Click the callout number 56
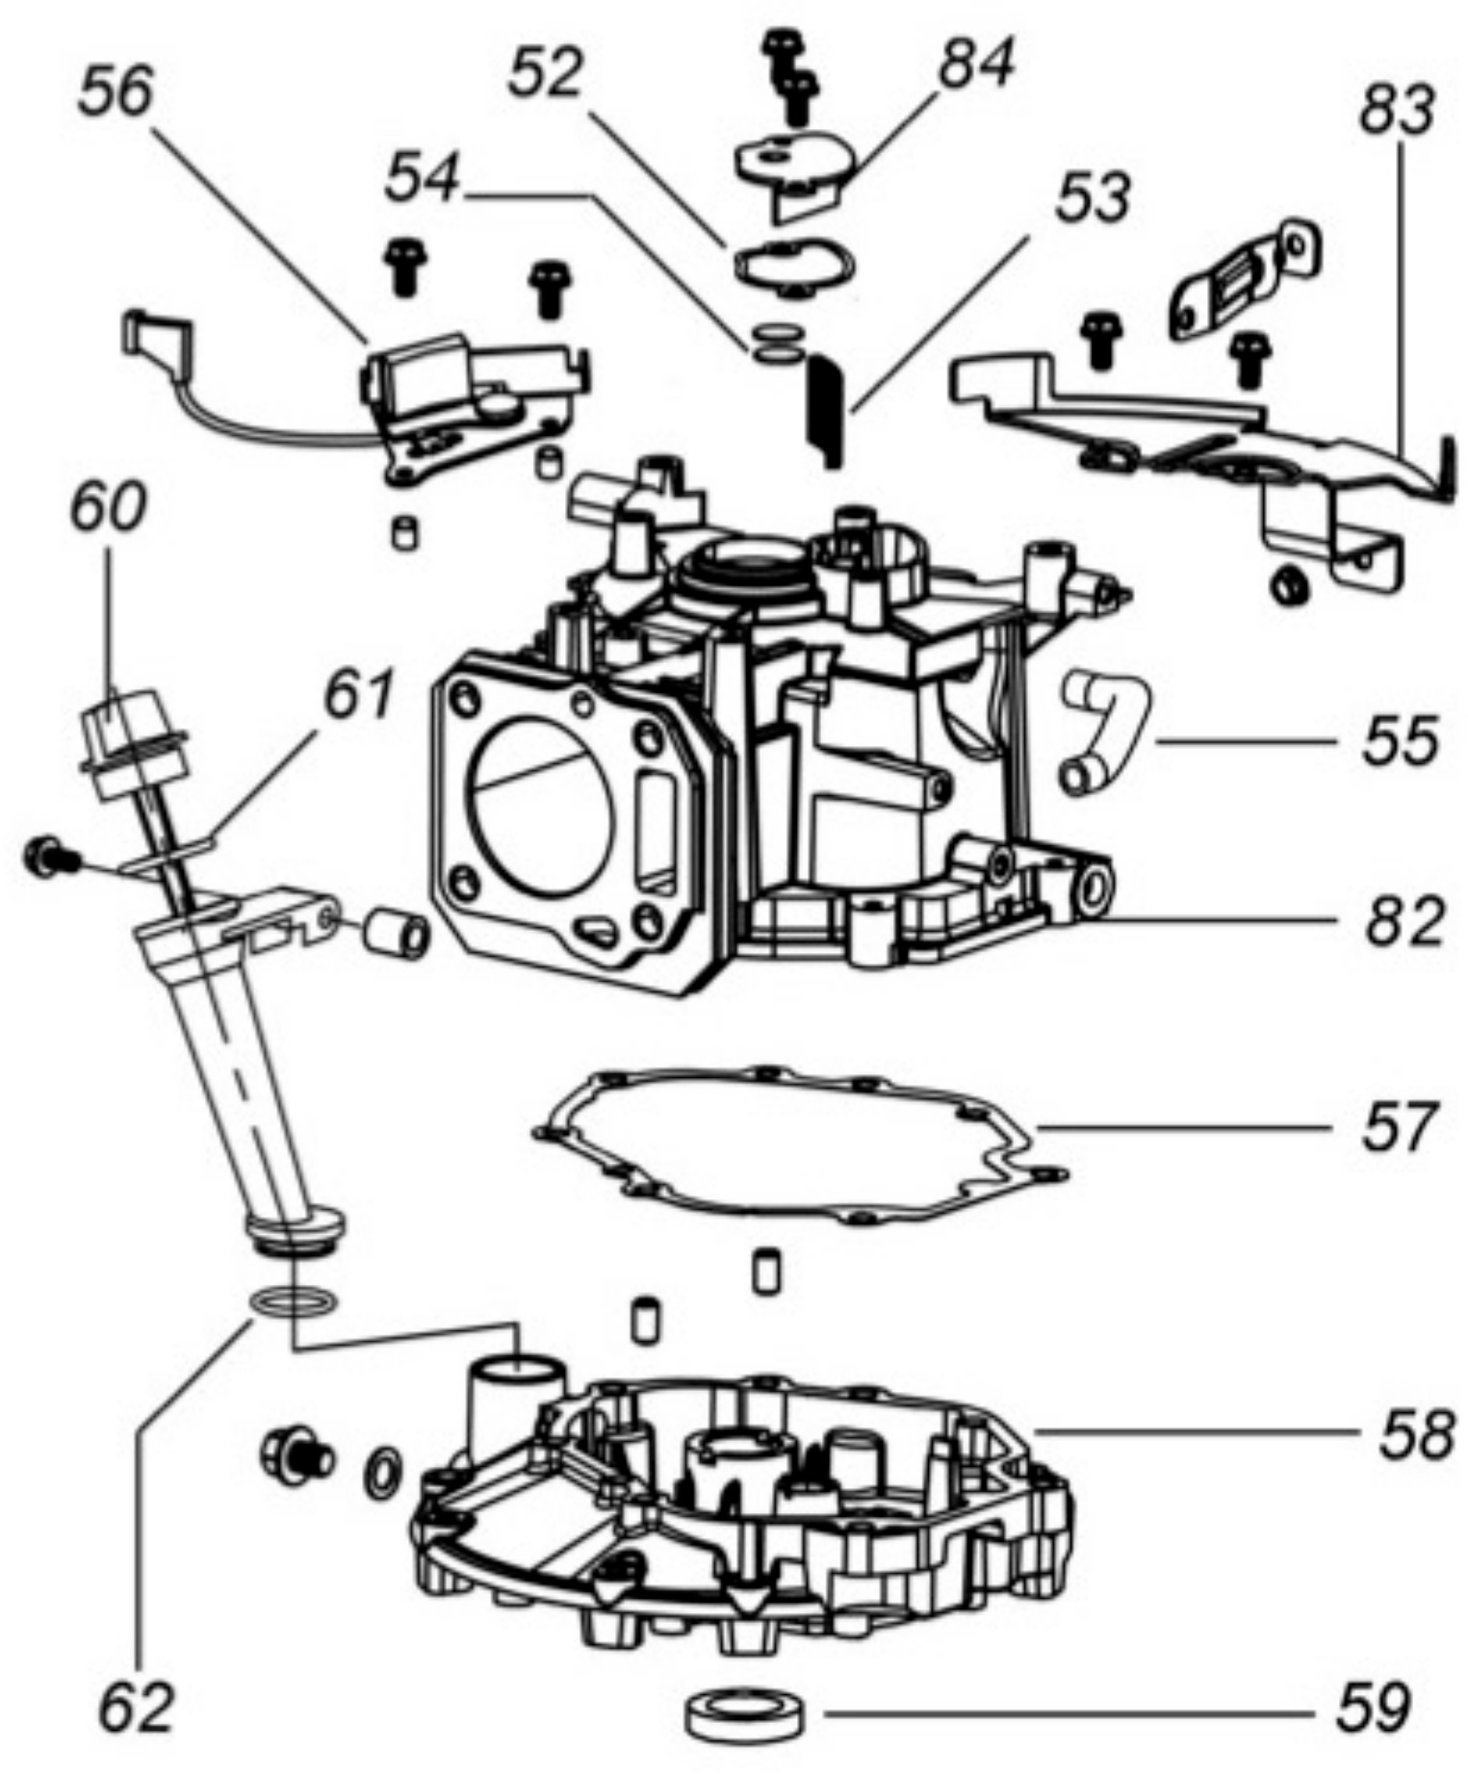pos(115,94)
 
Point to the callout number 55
pos(1401,740)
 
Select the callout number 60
pos(107,507)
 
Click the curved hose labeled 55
pos(1106,733)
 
